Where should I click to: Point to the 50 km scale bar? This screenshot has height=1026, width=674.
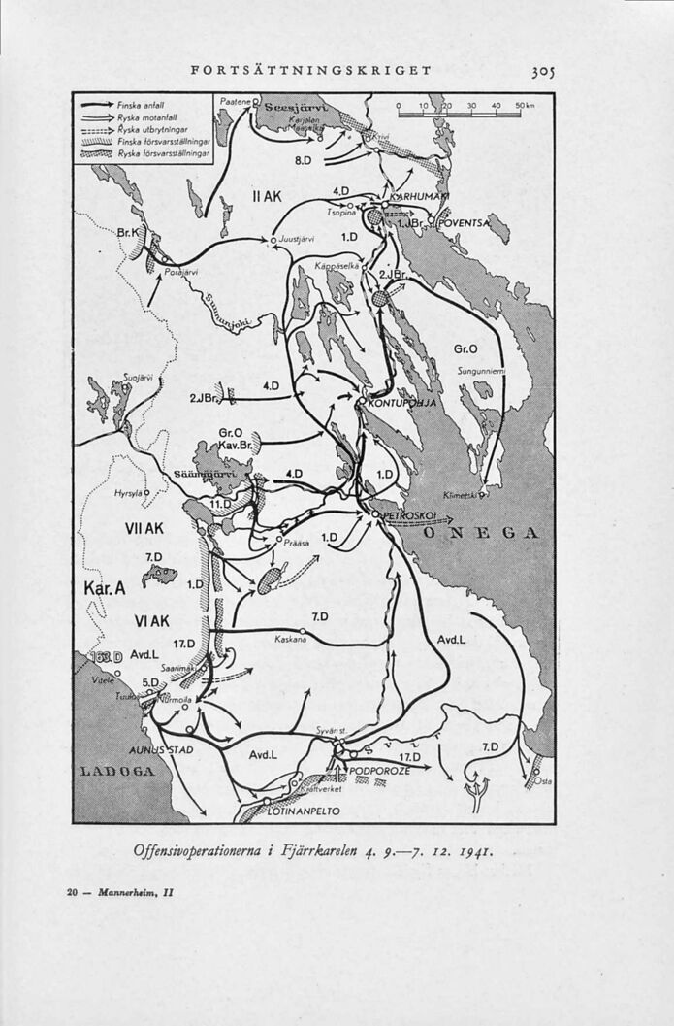coord(462,110)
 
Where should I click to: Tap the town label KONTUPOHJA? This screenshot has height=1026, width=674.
coord(401,404)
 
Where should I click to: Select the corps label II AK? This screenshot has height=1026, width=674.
coord(265,196)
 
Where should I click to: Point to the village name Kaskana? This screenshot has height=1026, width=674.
coord(290,640)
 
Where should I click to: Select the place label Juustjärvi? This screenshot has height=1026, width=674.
coord(299,238)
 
